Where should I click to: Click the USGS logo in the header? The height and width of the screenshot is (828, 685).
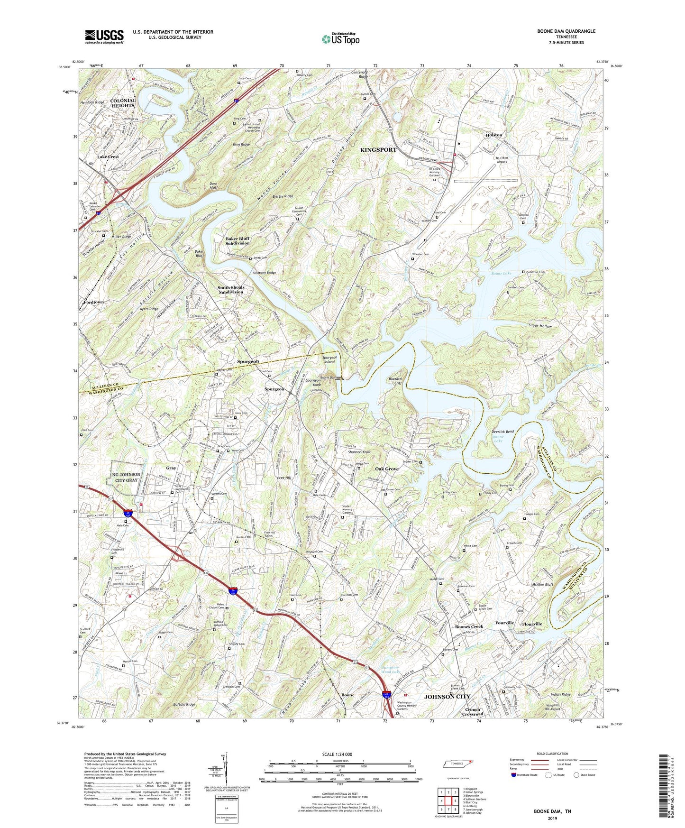[104, 36]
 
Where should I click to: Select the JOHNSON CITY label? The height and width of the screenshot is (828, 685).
[447, 696]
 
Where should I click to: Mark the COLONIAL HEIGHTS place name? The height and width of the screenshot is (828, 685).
[123, 103]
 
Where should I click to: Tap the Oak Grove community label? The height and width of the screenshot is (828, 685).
[387, 469]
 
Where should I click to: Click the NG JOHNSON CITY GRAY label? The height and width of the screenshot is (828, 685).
[127, 477]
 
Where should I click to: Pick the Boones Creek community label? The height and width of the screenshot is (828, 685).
[469, 627]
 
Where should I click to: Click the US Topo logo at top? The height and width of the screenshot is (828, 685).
[340, 39]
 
